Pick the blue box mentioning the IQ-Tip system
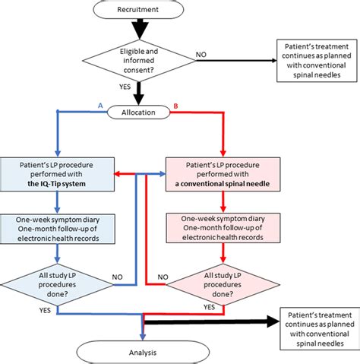(x=57, y=173)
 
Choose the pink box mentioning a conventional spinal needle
(x=220, y=173)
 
